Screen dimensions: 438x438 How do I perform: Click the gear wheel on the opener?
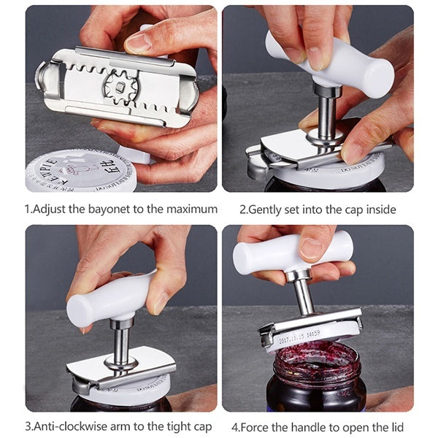118,87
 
